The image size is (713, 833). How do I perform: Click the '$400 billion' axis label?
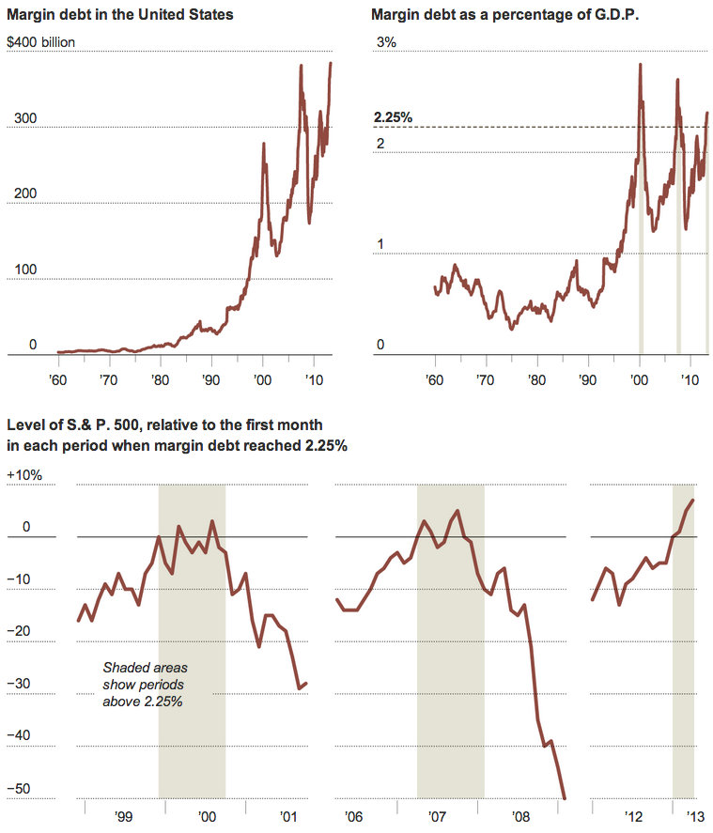click(40, 43)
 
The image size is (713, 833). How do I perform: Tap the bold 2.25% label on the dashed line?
click(393, 117)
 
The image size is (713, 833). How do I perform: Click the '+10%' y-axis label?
click(23, 475)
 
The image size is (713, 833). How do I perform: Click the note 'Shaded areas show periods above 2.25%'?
click(145, 685)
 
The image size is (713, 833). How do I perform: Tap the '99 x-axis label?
click(123, 816)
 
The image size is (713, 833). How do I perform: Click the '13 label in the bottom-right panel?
click(694, 816)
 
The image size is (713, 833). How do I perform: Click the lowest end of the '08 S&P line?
click(565, 798)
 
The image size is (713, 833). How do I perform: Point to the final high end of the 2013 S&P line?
click(693, 501)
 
